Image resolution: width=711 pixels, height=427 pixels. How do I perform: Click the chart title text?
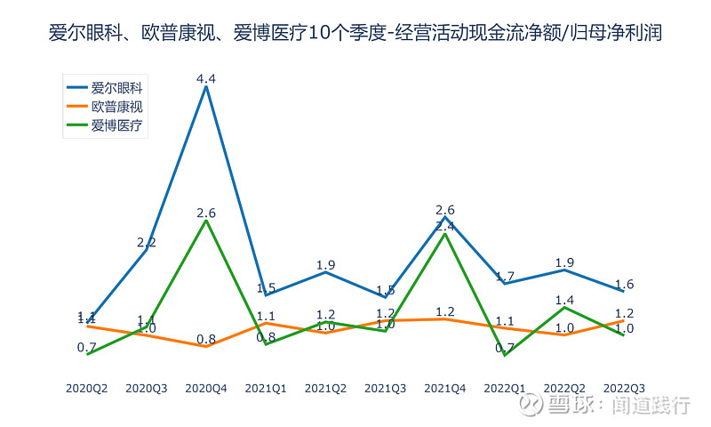click(x=355, y=34)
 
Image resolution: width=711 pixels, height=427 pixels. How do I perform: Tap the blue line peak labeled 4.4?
click(x=206, y=86)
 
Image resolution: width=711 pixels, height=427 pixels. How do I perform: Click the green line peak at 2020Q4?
click(x=206, y=221)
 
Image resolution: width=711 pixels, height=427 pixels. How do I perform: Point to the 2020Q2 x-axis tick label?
click(x=87, y=389)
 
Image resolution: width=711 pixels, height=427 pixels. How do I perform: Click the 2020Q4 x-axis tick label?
click(x=206, y=389)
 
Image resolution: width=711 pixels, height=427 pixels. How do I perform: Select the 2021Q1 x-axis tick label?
click(x=266, y=389)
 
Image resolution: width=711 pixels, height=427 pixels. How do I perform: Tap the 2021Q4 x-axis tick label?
click(x=445, y=389)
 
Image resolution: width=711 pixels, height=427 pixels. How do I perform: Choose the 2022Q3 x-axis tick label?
click(x=624, y=389)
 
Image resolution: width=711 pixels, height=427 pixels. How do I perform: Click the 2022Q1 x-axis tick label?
click(x=505, y=389)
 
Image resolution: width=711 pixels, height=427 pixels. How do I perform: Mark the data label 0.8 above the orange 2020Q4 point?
click(x=206, y=339)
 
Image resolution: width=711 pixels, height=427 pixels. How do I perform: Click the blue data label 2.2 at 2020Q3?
click(x=147, y=242)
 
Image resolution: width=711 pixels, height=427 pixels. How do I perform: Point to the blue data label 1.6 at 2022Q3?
click(x=624, y=285)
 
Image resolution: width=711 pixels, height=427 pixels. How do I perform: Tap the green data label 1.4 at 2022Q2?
click(x=564, y=300)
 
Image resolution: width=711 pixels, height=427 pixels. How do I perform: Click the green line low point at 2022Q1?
click(x=505, y=355)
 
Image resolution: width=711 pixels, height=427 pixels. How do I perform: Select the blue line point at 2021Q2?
click(x=325, y=272)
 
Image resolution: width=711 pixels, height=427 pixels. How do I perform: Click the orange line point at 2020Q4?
click(x=206, y=347)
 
